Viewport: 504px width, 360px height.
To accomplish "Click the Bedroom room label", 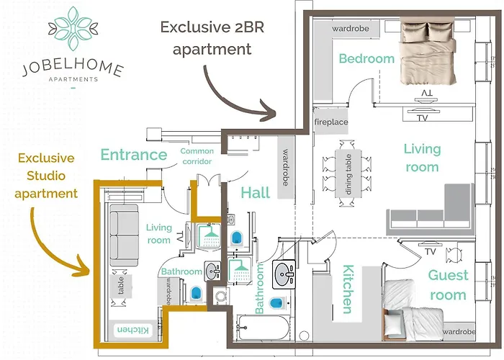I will (367, 59).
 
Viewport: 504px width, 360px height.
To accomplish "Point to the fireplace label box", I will (331, 122).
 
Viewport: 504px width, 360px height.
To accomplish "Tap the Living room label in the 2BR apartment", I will (421, 158).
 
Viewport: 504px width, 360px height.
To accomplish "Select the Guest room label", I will (448, 284).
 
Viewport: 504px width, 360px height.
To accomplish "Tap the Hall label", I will (256, 192).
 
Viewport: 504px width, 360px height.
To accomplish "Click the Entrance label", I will (134, 155).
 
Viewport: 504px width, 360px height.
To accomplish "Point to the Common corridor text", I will (197, 157).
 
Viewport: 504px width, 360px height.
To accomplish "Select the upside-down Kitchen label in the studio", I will (132, 329).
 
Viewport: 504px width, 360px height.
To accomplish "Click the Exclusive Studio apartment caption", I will (48, 175).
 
